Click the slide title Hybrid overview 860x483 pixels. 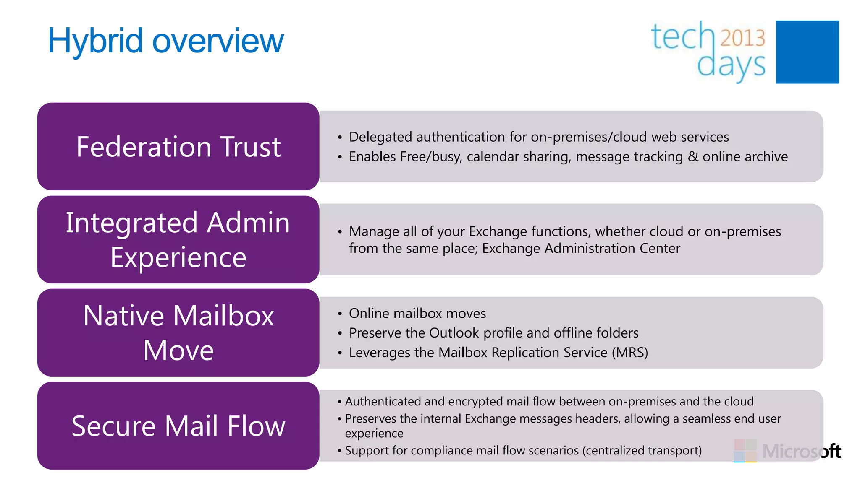pos(166,41)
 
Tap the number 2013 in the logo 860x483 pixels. pos(742,38)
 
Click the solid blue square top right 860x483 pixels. pos(807,52)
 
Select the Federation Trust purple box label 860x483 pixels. pos(178,147)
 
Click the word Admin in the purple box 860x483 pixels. pos(248,223)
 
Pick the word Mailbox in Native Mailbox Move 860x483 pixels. pos(223,316)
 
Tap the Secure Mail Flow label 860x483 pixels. pos(178,426)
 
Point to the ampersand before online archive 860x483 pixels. pos(693,156)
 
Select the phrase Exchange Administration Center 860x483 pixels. pos(581,248)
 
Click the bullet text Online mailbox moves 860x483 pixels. pos(417,313)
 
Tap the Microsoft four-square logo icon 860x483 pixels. pos(745,451)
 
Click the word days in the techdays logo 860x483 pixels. pos(731,66)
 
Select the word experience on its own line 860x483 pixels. pos(374,434)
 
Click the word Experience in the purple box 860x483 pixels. pos(178,257)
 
